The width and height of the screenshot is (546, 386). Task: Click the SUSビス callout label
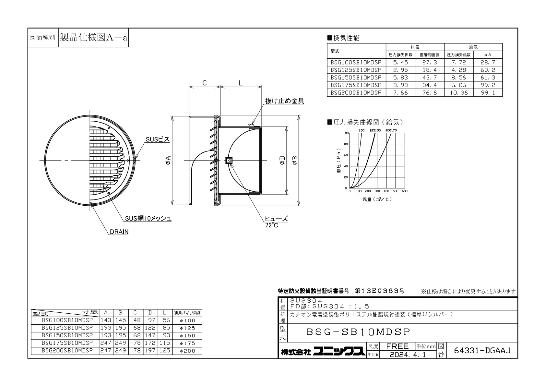[158, 139]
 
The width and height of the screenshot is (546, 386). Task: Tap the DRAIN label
[119, 232]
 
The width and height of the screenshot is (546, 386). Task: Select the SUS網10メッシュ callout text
[148, 219]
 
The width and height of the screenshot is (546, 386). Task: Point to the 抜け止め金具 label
[284, 101]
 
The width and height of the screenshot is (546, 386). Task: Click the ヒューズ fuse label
[276, 219]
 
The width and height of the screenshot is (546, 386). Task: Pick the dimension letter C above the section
[205, 83]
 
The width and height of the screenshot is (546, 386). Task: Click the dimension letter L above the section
[241, 83]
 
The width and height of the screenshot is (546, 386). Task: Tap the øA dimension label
[168, 161]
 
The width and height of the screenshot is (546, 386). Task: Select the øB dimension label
[295, 161]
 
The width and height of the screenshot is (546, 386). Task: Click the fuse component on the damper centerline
[229, 160]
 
